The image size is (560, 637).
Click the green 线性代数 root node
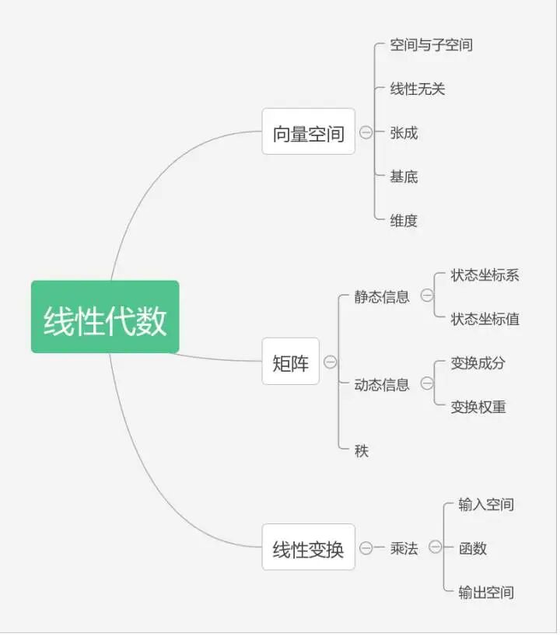[105, 317]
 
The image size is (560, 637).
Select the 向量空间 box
[308, 131]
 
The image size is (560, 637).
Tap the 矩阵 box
[291, 362]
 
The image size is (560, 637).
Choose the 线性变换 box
[308, 548]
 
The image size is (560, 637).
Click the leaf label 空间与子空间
[431, 44]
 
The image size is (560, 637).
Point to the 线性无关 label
[417, 89]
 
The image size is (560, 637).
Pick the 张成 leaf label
[404, 133]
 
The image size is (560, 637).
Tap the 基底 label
[404, 177]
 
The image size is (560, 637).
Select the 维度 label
[404, 220]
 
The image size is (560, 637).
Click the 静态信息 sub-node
[382, 296]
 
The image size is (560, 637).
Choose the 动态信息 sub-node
[382, 384]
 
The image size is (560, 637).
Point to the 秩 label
[362, 450]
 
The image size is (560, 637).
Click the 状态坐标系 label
[485, 275]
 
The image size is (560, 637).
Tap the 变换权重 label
[478, 406]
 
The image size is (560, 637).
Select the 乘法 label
[404, 548]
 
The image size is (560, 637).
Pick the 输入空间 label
[486, 504]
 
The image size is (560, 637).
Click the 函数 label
[472, 548]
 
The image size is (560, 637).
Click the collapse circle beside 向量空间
[366, 132]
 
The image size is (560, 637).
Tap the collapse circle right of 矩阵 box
[330, 362]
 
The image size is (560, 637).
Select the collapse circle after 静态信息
[426, 296]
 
